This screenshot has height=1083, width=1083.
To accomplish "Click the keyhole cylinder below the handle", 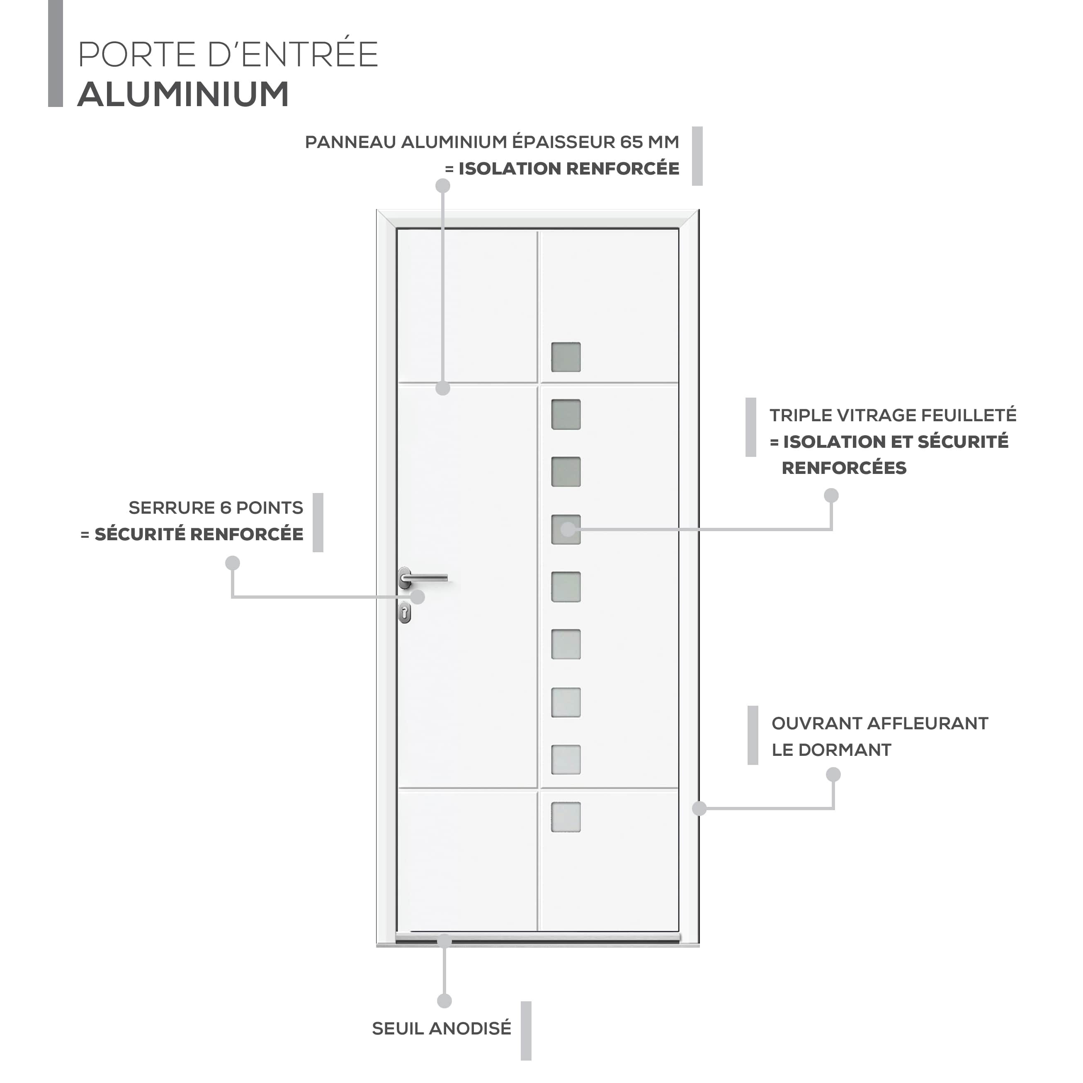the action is [405, 613].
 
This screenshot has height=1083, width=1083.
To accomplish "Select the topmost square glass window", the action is [566, 357].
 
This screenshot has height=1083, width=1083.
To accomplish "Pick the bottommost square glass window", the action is [566, 817].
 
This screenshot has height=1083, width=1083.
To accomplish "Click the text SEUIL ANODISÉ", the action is [442, 1029].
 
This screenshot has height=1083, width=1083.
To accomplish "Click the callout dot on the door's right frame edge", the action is [699, 809].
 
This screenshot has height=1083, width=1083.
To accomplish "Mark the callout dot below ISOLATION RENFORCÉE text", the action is [443, 186].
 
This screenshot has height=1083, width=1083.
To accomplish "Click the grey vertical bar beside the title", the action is [56, 53].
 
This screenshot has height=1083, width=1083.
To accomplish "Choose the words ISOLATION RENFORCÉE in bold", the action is [569, 169].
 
